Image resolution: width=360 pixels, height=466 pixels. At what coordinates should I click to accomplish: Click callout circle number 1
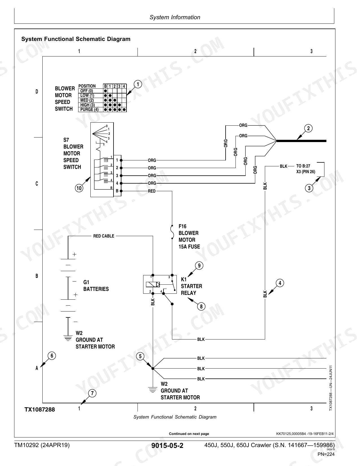(x=138, y=84)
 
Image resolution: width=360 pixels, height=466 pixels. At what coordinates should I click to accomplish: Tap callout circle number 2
(x=308, y=128)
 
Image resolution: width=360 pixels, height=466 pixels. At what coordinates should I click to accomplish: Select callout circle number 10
(x=79, y=188)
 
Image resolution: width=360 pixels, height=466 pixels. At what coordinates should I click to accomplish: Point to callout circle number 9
(x=199, y=266)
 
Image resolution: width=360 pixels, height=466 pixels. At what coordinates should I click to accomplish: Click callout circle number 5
(x=140, y=356)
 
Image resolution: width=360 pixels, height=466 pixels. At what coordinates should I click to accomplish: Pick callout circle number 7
(x=92, y=393)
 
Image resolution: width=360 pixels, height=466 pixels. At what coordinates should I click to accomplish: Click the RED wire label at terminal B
(x=152, y=191)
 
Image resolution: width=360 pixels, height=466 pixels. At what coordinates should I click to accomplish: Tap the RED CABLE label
(x=104, y=236)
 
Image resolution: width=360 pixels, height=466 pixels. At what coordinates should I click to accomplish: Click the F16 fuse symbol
(x=172, y=232)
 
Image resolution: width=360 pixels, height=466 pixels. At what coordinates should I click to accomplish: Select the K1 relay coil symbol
(x=153, y=284)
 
